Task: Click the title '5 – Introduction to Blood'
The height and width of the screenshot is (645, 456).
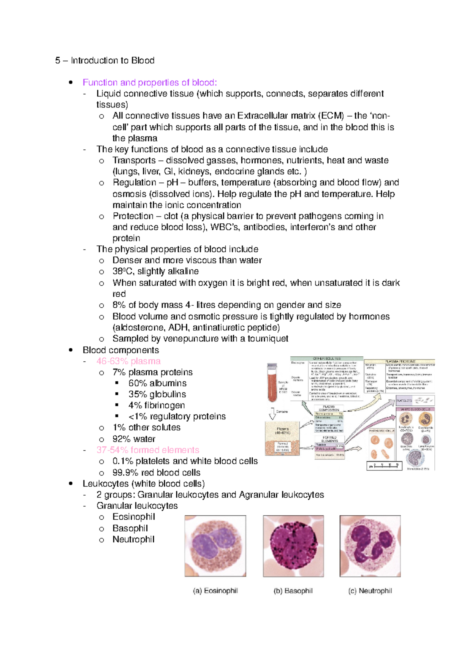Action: pos(104,60)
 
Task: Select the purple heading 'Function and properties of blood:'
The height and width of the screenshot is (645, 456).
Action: pos(150,82)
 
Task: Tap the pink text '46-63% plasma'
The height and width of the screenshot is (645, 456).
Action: pos(128,361)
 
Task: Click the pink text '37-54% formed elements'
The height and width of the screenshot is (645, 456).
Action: pos(148,450)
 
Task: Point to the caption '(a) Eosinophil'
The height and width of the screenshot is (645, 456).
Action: pos(215,591)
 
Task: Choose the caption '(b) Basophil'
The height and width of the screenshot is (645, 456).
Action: pos(293,591)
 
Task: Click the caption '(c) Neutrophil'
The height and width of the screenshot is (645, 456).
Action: pos(370,591)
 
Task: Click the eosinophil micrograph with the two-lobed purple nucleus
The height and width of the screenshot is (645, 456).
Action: pos(215,546)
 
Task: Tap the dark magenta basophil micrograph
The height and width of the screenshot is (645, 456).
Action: pos(293,546)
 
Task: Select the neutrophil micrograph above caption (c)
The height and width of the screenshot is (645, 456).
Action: pos(370,546)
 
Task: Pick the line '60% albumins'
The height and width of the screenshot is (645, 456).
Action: pos(157,383)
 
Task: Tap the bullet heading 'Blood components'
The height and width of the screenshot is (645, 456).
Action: pos(121,350)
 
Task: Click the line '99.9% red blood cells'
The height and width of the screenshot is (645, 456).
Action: pos(156,472)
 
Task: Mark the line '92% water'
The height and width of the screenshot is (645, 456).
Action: pos(134,439)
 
